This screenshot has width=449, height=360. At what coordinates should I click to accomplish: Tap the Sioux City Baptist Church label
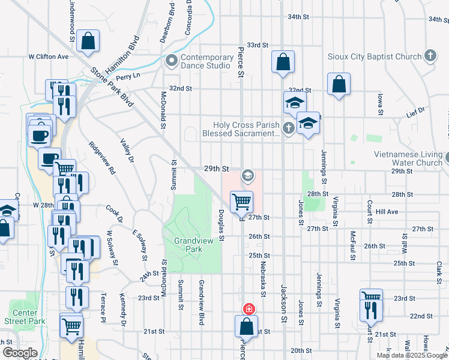375,57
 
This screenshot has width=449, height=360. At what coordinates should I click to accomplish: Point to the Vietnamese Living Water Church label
408,158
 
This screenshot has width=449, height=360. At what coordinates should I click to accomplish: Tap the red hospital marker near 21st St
247,309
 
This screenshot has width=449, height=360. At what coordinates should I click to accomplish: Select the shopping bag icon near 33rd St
283,61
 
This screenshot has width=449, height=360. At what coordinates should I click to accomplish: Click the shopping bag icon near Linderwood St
88,41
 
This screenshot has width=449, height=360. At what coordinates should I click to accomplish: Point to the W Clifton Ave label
49,56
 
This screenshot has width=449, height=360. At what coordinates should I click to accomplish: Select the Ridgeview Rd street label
101,158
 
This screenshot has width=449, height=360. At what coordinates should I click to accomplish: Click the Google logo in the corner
20,353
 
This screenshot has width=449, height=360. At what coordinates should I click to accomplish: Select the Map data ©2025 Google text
412,355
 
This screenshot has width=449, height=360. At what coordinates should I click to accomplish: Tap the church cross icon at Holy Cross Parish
288,127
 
